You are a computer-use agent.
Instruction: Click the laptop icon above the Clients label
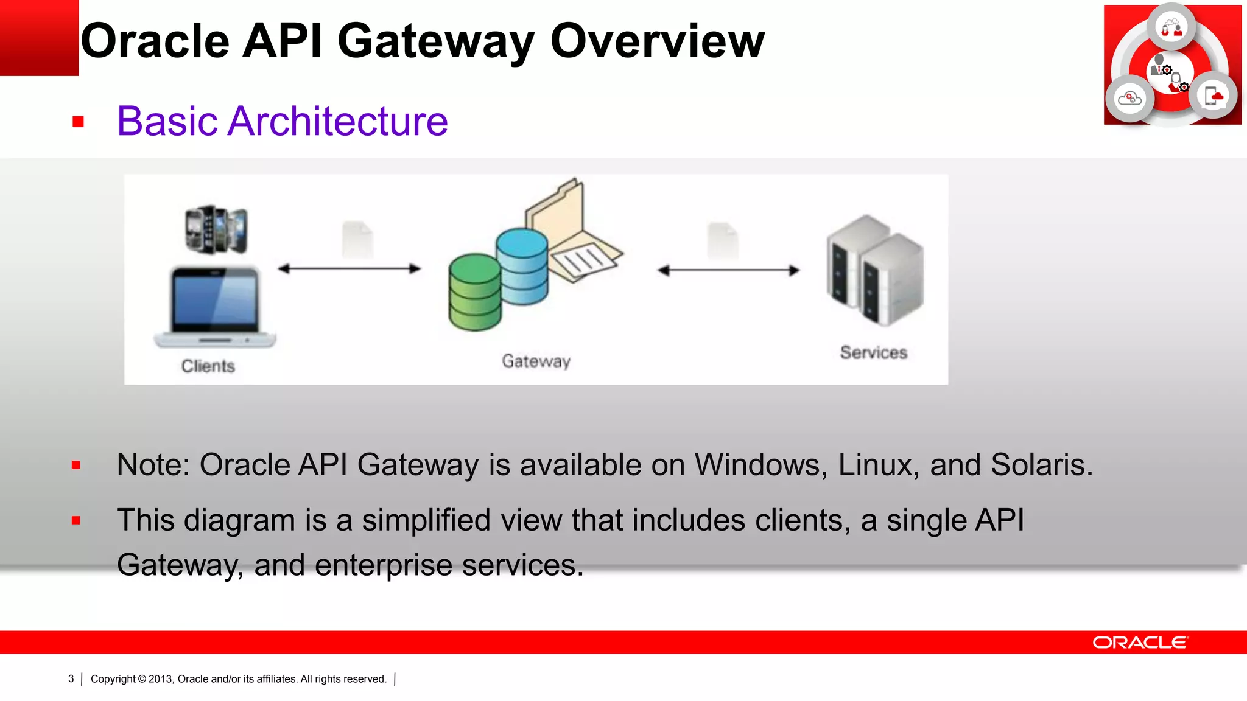pyautogui.click(x=214, y=307)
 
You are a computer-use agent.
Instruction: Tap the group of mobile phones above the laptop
pyautogui.click(x=216, y=229)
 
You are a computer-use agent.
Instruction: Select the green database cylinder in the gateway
pyautogui.click(x=474, y=292)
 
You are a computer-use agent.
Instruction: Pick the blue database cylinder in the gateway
pyautogui.click(x=522, y=265)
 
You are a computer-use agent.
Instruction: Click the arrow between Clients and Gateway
pyautogui.click(x=349, y=268)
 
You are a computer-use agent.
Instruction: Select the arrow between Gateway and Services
pyautogui.click(x=728, y=270)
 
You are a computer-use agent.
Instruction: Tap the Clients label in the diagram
pyautogui.click(x=208, y=366)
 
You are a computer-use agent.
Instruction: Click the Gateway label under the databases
pyautogui.click(x=536, y=361)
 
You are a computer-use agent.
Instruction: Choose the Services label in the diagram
pyautogui.click(x=873, y=352)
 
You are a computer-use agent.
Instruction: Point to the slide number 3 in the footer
pyautogui.click(x=71, y=678)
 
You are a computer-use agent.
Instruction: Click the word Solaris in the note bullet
pyautogui.click(x=1041, y=465)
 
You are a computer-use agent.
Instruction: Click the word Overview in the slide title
pyautogui.click(x=657, y=41)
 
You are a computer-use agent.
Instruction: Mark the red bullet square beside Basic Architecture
pyautogui.click(x=78, y=122)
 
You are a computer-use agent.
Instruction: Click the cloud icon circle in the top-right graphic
pyautogui.click(x=1130, y=98)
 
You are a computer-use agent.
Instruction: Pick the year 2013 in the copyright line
pyautogui.click(x=160, y=678)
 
